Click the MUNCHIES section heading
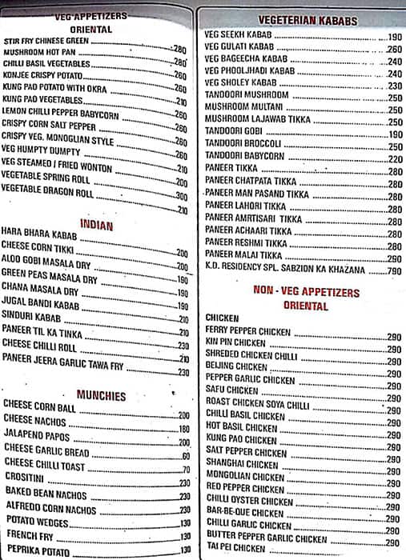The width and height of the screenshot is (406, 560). [x=102, y=395]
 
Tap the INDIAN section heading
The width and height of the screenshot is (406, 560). [x=96, y=226]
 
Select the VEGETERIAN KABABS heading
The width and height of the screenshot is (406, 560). [x=297, y=21]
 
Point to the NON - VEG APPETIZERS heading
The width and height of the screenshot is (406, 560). [x=306, y=293]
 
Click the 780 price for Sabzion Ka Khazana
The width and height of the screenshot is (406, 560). [x=394, y=272]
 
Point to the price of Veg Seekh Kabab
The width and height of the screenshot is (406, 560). [x=394, y=38]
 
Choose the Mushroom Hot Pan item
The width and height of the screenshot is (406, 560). [x=35, y=50]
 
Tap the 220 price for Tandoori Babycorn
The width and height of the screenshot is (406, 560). [x=394, y=158]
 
